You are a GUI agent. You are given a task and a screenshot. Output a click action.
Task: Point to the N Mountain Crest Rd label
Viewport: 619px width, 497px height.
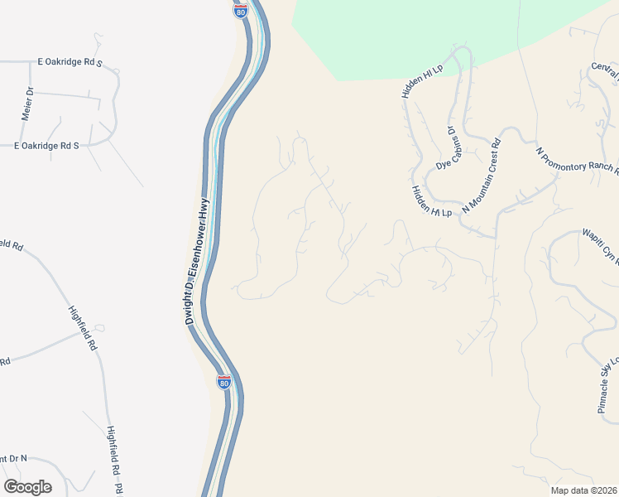pos(482,176)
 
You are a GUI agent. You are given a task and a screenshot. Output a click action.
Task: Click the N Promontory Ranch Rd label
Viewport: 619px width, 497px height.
pos(578,162)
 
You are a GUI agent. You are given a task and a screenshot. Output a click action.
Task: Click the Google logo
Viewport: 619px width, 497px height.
pos(27,487)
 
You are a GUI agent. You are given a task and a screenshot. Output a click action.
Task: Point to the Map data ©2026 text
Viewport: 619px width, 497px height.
pos(583,490)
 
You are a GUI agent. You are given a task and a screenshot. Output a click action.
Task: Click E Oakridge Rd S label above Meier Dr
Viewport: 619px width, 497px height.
pos(70,62)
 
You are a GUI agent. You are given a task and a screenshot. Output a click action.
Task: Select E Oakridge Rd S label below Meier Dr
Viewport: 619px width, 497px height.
pos(46,146)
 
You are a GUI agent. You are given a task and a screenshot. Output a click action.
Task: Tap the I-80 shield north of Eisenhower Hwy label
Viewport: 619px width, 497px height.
pos(241,12)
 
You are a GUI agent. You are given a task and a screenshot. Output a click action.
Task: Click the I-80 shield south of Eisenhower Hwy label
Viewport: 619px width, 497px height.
pos(223,382)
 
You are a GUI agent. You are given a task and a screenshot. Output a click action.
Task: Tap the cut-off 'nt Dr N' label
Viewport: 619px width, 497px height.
pos(13,458)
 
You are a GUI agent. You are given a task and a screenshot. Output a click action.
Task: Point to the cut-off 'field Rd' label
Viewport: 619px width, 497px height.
pos(11,245)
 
